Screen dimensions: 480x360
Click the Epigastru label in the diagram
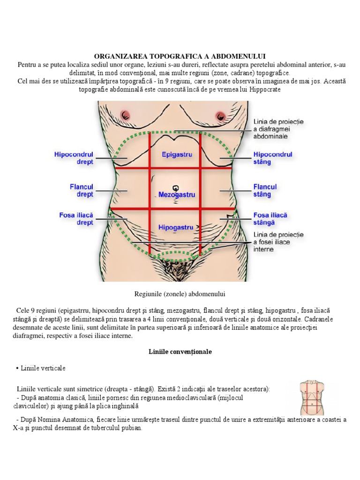coord(177,154)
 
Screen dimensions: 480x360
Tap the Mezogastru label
coord(176,194)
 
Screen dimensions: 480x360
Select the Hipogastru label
coord(176,227)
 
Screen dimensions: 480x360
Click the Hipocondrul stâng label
coord(272,158)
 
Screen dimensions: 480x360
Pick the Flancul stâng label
coord(265,190)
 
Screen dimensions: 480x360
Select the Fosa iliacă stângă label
coord(270,219)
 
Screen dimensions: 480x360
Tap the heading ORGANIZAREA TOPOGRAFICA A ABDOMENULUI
coord(180,56)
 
